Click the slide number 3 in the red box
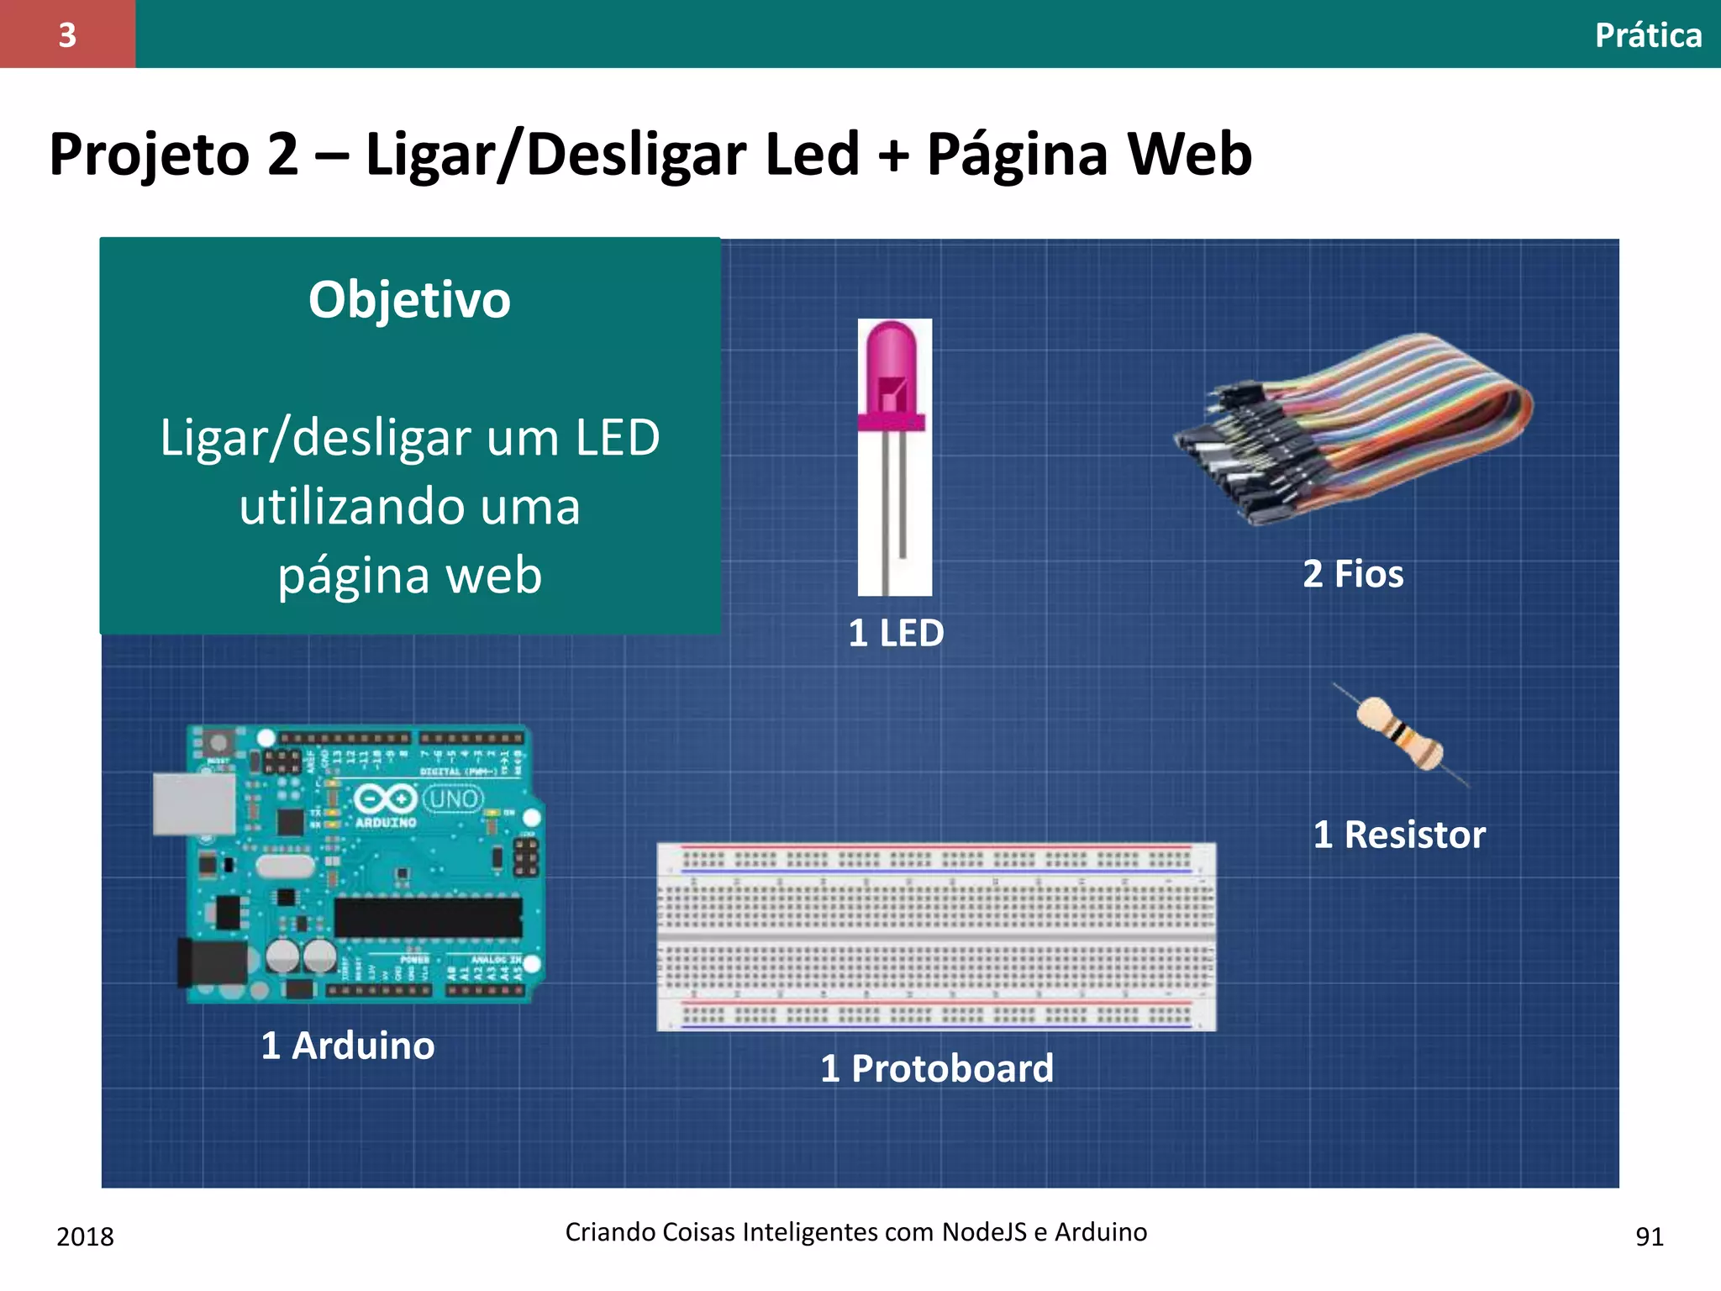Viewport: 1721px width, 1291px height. pyautogui.click(x=67, y=35)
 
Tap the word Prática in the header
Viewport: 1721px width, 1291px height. pyautogui.click(x=1648, y=35)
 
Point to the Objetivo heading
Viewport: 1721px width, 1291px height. pyautogui.click(x=409, y=300)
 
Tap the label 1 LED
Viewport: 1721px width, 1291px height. pyautogui.click(x=896, y=633)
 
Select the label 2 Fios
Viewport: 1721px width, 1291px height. pyautogui.click(x=1353, y=574)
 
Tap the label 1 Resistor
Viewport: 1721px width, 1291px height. pyautogui.click(x=1399, y=835)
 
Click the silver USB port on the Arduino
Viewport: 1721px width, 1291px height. pyautogui.click(x=193, y=804)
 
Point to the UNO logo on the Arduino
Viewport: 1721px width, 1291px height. pyautogui.click(x=454, y=798)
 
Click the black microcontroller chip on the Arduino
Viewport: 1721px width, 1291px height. pyautogui.click(x=428, y=917)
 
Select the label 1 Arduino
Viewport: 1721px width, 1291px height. pyautogui.click(x=348, y=1046)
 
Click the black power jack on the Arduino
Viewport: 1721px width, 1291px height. pyautogui.click(x=210, y=962)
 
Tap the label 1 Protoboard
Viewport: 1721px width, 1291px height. pyautogui.click(x=937, y=1068)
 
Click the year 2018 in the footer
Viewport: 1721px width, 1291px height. pyautogui.click(x=85, y=1236)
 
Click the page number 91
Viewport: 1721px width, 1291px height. pyautogui.click(x=1649, y=1236)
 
